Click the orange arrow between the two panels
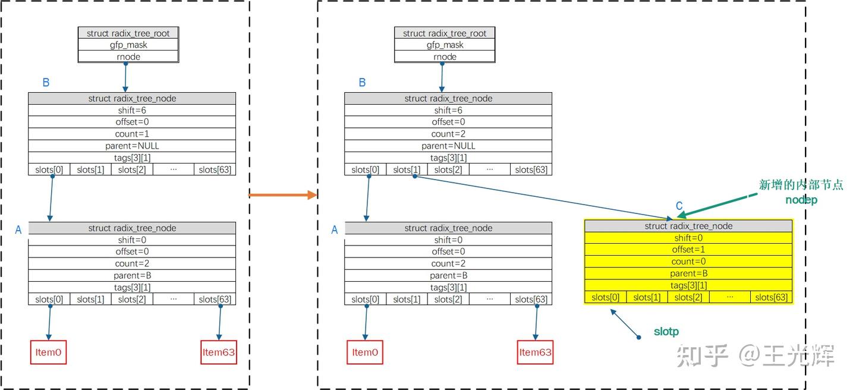[x=282, y=195]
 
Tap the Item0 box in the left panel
[x=48, y=352]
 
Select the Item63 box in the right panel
[x=535, y=352]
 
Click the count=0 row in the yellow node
[x=688, y=262]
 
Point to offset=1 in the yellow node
[x=688, y=250]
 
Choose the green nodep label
[x=801, y=200]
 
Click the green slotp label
[x=666, y=332]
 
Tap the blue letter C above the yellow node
[x=679, y=206]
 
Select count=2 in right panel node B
[x=448, y=134]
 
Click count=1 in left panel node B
[x=132, y=134]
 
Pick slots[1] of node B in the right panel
[x=407, y=170]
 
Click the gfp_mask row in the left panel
[x=128, y=45]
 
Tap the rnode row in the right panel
[x=445, y=56]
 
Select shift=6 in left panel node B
[x=132, y=111]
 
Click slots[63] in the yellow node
[x=772, y=297]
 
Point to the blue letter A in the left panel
[x=18, y=230]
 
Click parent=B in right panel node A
[x=448, y=275]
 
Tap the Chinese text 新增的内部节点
[x=801, y=185]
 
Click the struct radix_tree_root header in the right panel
[x=445, y=33]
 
